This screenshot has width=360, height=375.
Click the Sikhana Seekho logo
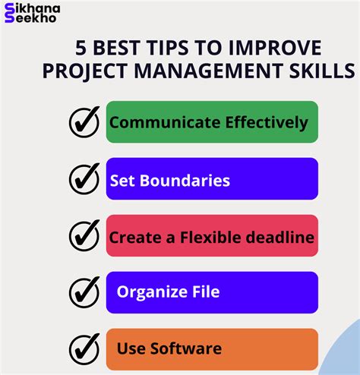click(x=32, y=13)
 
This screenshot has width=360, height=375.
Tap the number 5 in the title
click(x=81, y=48)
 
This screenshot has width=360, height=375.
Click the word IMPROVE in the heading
click(x=275, y=48)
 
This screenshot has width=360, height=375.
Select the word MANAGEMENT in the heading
click(x=209, y=71)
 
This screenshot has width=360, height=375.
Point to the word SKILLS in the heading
click(x=322, y=71)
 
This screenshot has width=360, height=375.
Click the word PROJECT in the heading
click(x=85, y=71)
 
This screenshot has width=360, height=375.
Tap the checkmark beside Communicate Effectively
click(x=84, y=122)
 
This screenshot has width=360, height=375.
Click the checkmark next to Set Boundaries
click(x=84, y=178)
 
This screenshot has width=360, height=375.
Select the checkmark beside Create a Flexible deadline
click(x=84, y=235)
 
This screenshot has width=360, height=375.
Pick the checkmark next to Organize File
click(x=84, y=292)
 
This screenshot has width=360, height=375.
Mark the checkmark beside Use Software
click(x=84, y=349)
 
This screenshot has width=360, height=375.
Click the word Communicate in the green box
click(x=165, y=122)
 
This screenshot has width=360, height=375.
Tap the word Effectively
click(x=267, y=123)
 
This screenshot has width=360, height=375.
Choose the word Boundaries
click(x=185, y=181)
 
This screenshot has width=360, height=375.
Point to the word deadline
click(x=280, y=238)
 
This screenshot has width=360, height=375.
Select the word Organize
click(x=152, y=292)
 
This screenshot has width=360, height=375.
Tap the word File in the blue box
click(x=206, y=291)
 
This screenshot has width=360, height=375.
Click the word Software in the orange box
click(x=186, y=348)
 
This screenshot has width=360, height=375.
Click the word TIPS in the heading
click(x=167, y=48)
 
